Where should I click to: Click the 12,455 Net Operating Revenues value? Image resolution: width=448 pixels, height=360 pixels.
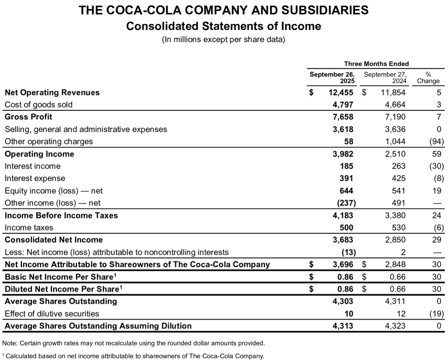(x=340, y=92)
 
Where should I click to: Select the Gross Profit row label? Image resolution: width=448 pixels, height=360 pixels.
(x=28, y=117)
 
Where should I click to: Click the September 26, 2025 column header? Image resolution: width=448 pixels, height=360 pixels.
(x=332, y=77)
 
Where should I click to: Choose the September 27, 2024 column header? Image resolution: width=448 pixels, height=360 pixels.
(x=385, y=77)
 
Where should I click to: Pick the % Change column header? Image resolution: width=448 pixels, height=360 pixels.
(x=428, y=77)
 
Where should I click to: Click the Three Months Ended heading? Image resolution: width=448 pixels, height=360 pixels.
(x=376, y=64)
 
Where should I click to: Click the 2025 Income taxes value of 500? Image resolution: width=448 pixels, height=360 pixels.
(x=347, y=227)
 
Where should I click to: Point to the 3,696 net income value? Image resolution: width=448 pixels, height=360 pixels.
(x=343, y=264)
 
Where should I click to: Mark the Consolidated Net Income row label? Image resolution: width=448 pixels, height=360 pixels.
(x=54, y=240)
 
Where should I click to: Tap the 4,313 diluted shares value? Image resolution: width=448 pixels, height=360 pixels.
(x=343, y=326)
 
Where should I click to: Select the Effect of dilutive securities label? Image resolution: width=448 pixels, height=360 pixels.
(x=52, y=314)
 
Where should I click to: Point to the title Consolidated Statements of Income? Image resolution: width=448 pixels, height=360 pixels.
(x=223, y=26)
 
